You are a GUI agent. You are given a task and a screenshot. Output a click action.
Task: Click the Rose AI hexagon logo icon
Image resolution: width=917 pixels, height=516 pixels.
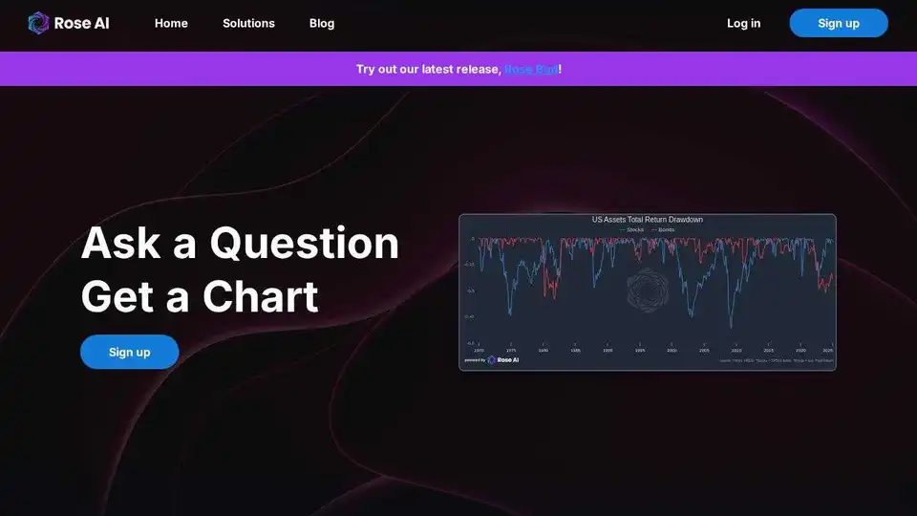(x=38, y=23)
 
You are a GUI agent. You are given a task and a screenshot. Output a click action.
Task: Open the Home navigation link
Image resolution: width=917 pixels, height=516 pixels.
(x=171, y=23)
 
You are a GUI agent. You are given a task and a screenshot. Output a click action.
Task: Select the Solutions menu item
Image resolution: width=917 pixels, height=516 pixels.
(x=248, y=23)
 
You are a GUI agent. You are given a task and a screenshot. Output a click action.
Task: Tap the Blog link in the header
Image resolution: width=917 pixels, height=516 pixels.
(x=322, y=23)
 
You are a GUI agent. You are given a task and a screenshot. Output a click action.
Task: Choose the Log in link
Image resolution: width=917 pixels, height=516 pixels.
(x=743, y=23)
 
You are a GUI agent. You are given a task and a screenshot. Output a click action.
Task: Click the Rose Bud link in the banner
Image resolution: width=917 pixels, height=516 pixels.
(x=531, y=69)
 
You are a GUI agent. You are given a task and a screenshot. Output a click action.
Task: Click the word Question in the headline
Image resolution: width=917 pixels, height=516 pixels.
(x=304, y=243)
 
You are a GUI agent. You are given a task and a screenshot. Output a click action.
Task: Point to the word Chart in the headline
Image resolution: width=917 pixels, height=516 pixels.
(x=260, y=296)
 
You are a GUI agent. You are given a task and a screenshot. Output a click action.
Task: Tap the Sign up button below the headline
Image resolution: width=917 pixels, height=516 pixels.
(x=129, y=352)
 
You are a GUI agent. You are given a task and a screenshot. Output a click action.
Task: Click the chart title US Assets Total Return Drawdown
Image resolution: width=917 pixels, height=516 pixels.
(x=647, y=220)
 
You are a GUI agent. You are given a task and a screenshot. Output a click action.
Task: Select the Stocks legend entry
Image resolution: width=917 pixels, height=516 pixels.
(x=631, y=229)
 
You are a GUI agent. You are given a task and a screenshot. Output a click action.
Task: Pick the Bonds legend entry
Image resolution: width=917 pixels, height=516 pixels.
(x=664, y=229)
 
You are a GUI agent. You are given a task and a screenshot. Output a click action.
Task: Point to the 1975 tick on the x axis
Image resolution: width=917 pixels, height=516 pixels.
(x=511, y=350)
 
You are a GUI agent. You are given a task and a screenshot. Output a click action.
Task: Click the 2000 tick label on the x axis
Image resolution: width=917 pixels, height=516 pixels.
(x=672, y=350)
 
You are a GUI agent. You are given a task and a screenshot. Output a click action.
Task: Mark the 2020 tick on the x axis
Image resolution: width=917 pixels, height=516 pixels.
(x=800, y=350)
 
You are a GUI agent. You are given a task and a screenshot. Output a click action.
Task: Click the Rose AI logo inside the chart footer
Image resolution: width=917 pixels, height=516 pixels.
(x=502, y=360)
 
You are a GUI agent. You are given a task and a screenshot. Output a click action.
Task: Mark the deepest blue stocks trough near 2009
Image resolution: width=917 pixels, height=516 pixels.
(x=731, y=328)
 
